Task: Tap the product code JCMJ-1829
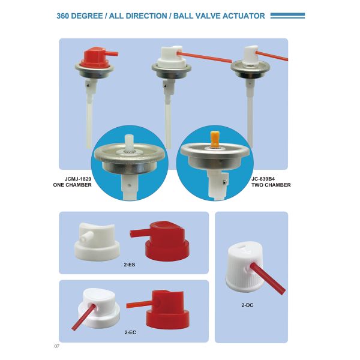point(78,179)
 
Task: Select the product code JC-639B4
point(263,179)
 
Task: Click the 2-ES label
point(130,265)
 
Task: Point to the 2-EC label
point(130,332)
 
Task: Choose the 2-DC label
point(247,305)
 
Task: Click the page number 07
point(57,346)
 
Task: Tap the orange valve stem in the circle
point(215,139)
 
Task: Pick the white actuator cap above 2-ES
point(97,242)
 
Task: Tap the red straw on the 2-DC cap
point(268,278)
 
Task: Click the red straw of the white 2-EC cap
point(83,317)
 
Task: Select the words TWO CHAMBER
point(271,185)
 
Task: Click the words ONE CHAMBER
point(73,185)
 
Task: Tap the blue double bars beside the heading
point(287,16)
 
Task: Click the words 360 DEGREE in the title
point(79,16)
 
